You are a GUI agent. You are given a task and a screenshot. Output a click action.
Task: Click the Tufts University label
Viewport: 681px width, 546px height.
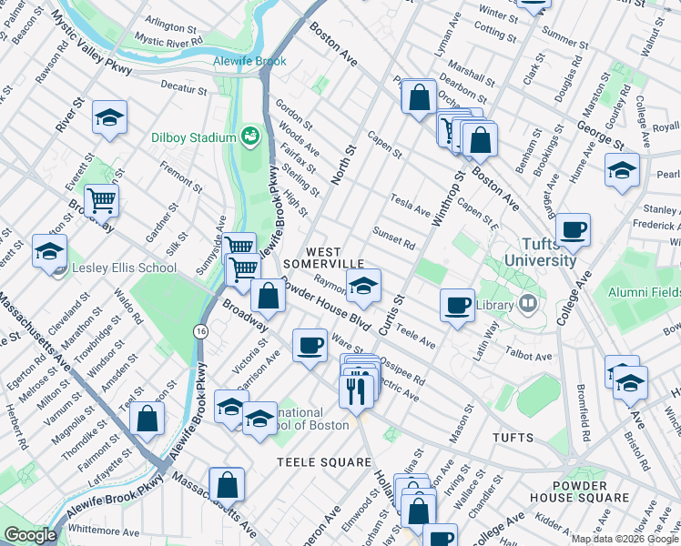pos(535,252)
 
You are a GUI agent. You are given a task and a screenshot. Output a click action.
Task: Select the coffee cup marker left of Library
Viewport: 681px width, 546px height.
pos(457,304)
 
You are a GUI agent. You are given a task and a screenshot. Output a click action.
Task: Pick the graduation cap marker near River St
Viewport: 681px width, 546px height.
pos(109,117)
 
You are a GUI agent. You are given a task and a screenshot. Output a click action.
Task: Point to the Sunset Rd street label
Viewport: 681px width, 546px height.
pos(393,237)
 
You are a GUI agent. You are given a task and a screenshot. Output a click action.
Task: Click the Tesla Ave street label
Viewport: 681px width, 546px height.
pos(410,204)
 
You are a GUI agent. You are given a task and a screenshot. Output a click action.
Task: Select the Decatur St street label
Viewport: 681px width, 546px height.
pos(185,87)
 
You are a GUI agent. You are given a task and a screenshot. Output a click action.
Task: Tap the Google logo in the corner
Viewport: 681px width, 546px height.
pos(29,536)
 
